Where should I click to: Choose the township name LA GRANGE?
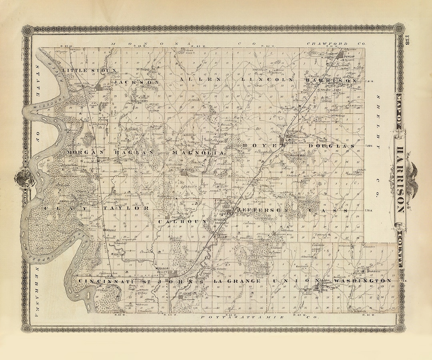[x=238, y=282]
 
